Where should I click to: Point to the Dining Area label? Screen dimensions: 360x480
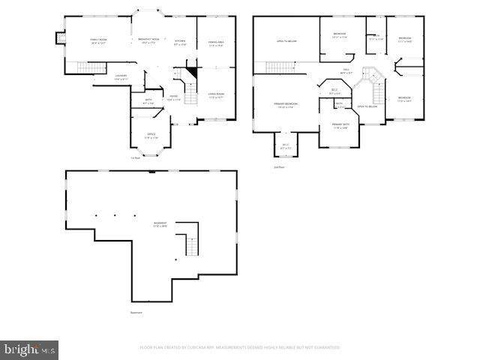click(x=216, y=43)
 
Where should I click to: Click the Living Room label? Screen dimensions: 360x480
click(x=216, y=95)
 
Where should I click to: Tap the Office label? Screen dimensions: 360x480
click(x=151, y=136)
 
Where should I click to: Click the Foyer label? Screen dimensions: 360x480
click(x=173, y=97)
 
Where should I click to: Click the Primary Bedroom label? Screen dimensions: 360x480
click(x=286, y=104)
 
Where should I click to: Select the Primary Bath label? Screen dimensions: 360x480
click(x=340, y=125)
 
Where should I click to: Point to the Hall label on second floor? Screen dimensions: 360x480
click(x=347, y=70)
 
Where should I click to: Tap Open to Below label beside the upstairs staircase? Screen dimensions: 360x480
click(x=367, y=106)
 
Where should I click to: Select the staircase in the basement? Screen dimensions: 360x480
click(x=191, y=244)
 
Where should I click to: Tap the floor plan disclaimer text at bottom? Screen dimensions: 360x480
click(x=240, y=347)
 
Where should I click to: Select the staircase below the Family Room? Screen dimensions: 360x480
click(x=91, y=69)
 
